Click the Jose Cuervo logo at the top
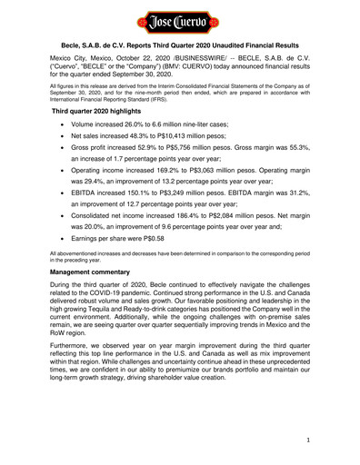click(x=180, y=18)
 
